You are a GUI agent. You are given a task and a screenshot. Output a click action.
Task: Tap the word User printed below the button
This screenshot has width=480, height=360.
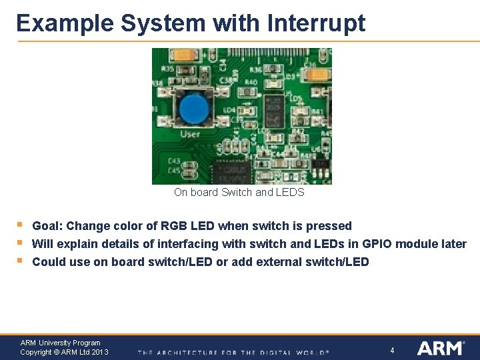coord(190,135)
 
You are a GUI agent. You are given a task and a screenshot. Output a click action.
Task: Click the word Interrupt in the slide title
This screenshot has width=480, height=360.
coord(316,23)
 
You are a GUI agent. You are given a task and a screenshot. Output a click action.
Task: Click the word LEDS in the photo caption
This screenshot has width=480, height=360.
coord(290,193)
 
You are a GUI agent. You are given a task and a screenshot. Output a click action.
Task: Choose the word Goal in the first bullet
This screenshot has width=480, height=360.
coord(47,226)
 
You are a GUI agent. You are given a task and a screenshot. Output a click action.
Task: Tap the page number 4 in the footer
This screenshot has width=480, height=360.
coord(392,351)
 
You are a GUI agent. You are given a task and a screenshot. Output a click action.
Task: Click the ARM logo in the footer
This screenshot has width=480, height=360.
coord(440,348)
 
